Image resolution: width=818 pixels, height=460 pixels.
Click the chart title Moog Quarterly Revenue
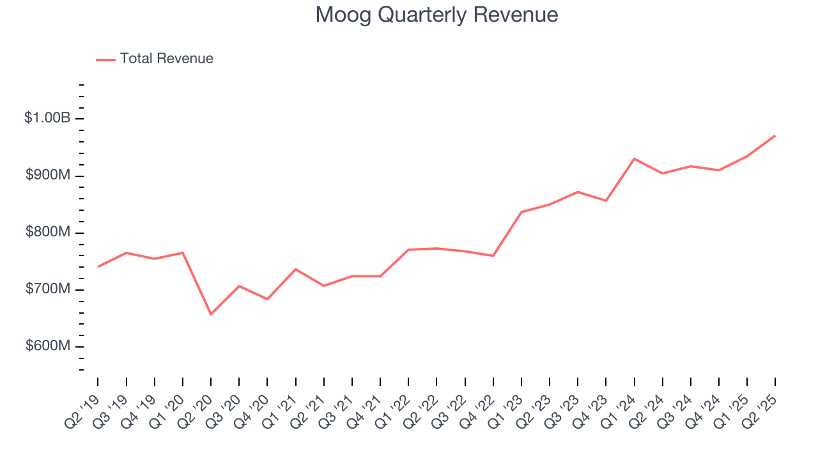pyautogui.click(x=436, y=15)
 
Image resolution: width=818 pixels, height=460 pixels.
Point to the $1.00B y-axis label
pyautogui.click(x=47, y=118)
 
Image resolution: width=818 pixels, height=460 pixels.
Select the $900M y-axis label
pyautogui.click(x=47, y=176)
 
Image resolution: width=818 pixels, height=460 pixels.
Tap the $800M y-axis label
pyautogui.click(x=47, y=233)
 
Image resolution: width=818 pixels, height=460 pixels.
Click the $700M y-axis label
pyautogui.click(x=47, y=289)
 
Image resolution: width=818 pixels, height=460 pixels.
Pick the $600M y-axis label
pyautogui.click(x=47, y=346)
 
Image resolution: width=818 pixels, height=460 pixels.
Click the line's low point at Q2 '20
pyautogui.click(x=211, y=314)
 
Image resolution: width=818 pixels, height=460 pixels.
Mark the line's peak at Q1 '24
pyautogui.click(x=634, y=158)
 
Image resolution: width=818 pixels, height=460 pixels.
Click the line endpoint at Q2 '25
pyautogui.click(x=775, y=135)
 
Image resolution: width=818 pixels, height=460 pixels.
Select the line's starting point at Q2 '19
pyautogui.click(x=98, y=266)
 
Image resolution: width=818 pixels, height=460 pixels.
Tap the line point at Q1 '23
pyautogui.click(x=521, y=212)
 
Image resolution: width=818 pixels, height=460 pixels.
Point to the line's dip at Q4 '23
pyautogui.click(x=606, y=201)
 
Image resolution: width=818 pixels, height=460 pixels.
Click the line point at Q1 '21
pyautogui.click(x=295, y=269)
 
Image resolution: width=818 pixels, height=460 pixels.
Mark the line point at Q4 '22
pyautogui.click(x=493, y=256)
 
